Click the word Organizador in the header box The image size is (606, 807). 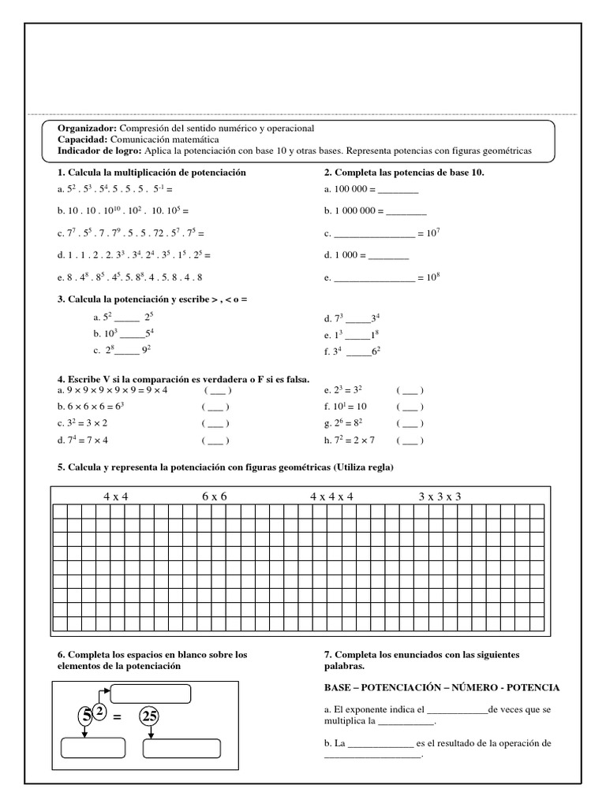point(87,128)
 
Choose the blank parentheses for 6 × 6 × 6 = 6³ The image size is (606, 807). point(215,407)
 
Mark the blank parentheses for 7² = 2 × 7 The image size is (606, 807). point(410,441)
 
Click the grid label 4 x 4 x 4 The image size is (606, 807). point(331,496)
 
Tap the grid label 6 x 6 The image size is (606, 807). point(215,496)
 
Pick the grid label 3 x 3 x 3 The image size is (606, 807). point(440,496)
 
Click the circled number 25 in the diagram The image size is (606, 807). point(150,717)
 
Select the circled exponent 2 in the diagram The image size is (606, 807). point(100,710)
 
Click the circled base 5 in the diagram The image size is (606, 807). point(85,717)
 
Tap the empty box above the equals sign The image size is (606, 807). point(151,694)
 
